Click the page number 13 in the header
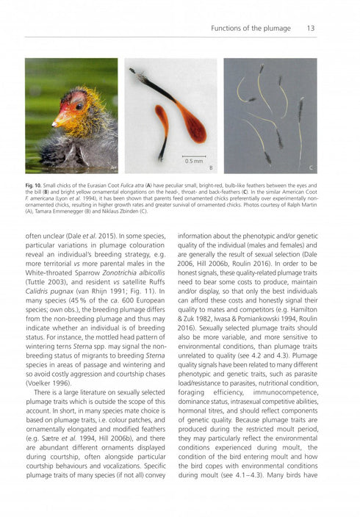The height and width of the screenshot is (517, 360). [x=311, y=29]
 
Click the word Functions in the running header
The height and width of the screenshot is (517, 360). [x=227, y=29]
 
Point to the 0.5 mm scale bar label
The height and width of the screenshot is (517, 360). [x=194, y=159]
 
